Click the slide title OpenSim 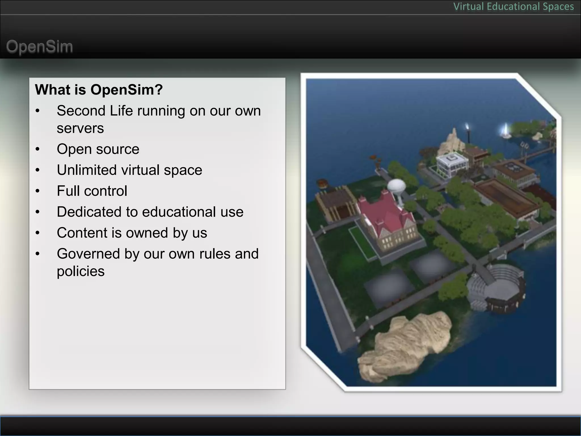[x=39, y=47]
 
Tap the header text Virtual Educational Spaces [x=513, y=7]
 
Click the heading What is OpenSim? [x=99, y=90]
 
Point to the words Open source [x=98, y=149]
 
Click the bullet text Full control [x=92, y=191]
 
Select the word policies [x=81, y=271]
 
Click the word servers [x=80, y=128]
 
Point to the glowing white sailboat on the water [x=505, y=131]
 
